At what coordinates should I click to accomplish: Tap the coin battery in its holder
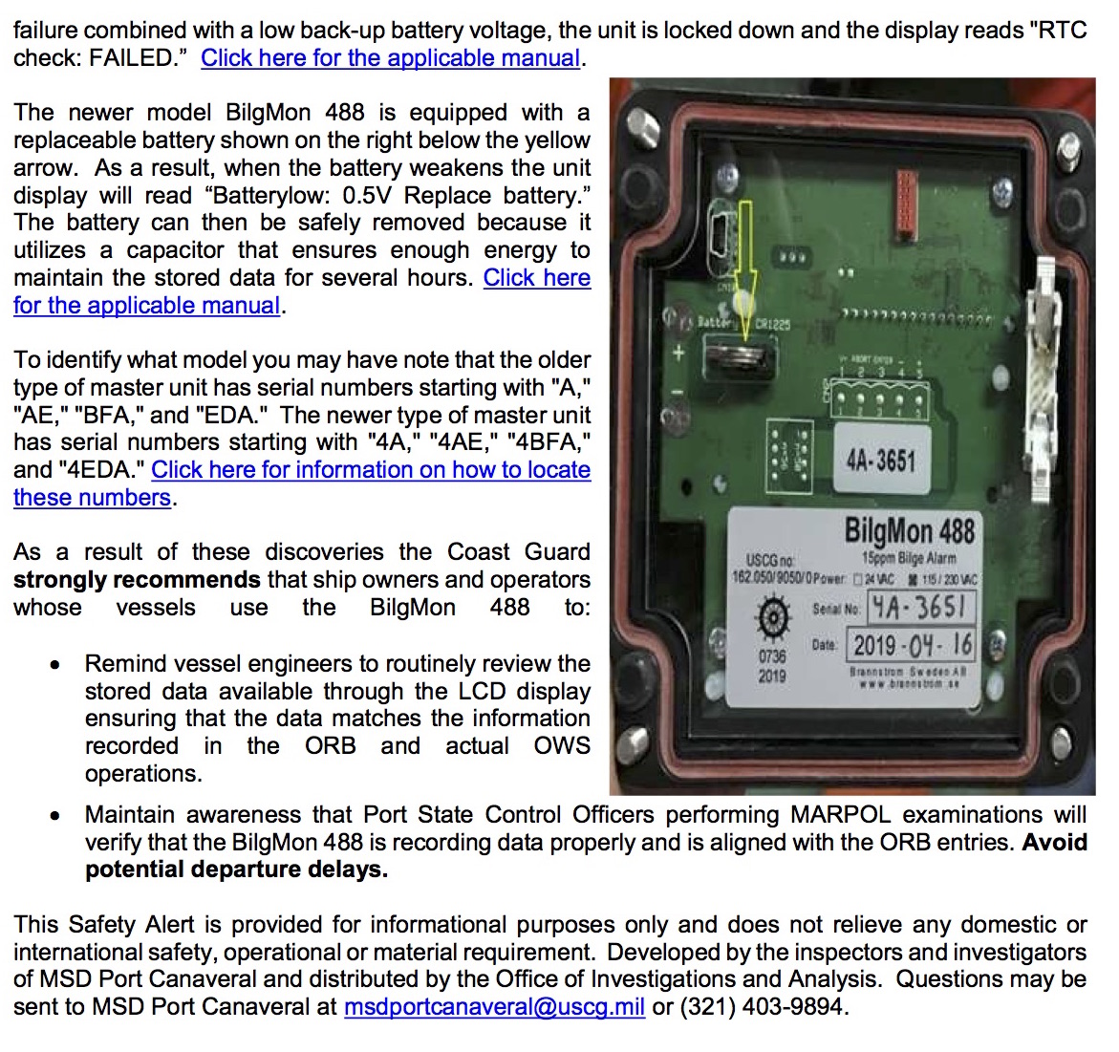[737, 361]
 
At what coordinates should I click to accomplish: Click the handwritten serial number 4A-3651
[921, 608]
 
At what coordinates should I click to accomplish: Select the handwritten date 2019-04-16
[912, 645]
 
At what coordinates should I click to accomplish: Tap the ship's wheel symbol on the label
[772, 617]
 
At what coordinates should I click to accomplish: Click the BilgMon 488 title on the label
[909, 530]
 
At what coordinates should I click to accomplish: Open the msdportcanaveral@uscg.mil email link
[494, 1007]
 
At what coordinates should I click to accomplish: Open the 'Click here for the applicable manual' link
[390, 58]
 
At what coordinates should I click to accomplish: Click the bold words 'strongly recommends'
[137, 580]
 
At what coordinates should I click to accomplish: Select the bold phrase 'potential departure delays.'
[236, 870]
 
